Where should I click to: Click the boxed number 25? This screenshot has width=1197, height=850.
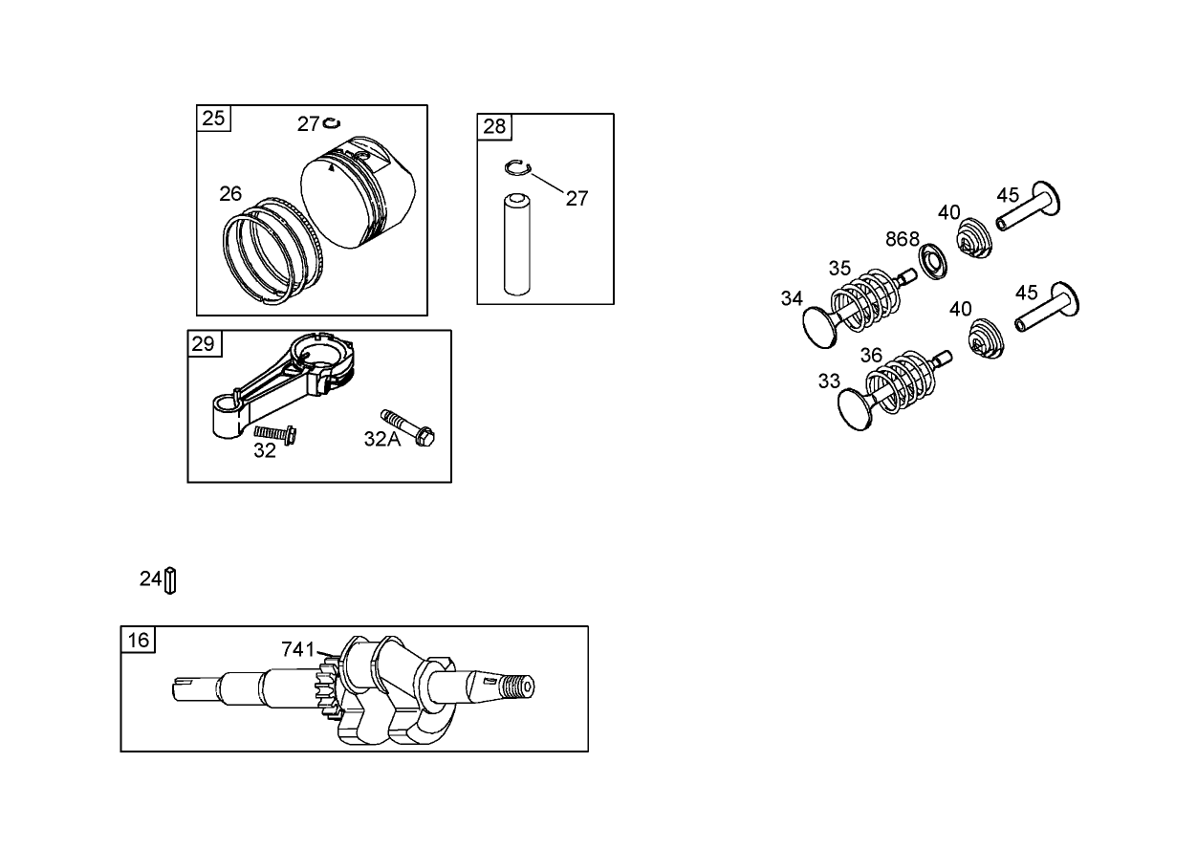point(214,118)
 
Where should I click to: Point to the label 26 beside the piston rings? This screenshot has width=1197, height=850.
point(230,194)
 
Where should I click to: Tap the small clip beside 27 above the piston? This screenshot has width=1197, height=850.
point(333,122)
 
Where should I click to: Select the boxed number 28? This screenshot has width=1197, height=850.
point(494,126)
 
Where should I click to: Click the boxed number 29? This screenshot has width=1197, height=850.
point(204,343)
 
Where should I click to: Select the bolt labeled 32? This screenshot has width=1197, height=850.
point(275,433)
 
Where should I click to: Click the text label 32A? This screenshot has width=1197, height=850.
point(381,439)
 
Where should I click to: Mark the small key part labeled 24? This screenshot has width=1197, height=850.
point(170,580)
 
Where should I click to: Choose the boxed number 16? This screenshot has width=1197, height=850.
point(139,640)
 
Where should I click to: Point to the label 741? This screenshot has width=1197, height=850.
point(297,649)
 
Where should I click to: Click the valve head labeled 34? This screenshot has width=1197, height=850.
point(818,327)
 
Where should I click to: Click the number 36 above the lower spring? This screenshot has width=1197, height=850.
point(871,356)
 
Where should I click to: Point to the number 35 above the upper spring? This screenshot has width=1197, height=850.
point(839,269)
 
